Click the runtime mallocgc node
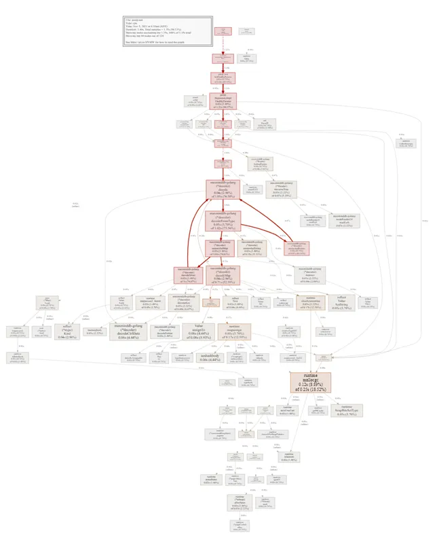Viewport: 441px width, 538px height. pyautogui.click(x=309, y=383)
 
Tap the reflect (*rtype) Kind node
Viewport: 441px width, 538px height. pyautogui.click(x=68, y=331)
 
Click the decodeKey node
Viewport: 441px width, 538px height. pyautogui.click(x=185, y=301)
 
